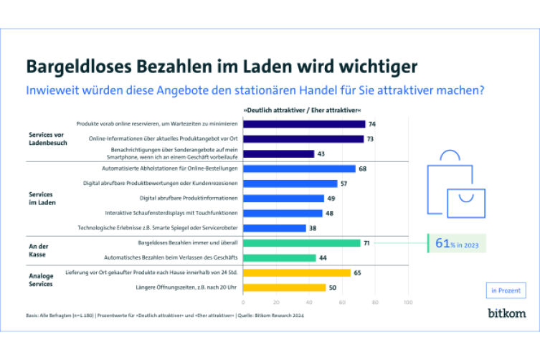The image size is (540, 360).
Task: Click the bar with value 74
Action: (304, 124)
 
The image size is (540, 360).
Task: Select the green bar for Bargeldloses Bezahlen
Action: (301, 243)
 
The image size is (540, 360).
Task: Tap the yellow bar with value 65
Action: (296, 273)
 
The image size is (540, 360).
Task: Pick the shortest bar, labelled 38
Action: (274, 228)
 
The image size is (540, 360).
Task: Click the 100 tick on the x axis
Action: (408, 303)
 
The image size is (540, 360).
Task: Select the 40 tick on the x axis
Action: (309, 303)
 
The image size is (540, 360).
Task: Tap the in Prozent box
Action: (506, 290)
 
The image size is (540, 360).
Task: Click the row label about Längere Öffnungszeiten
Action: (194, 288)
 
